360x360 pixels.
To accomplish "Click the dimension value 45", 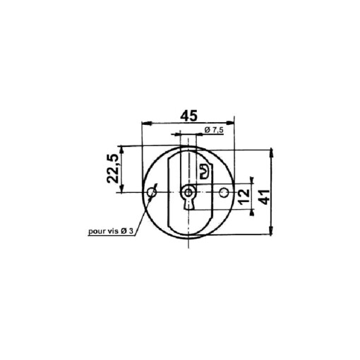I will click(x=188, y=115).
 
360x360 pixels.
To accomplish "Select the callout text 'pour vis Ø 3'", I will click(x=111, y=231).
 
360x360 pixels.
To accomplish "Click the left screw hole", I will click(x=151, y=192).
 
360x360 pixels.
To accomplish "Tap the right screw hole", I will click(x=224, y=193).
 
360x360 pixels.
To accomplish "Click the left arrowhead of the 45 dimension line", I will click(x=145, y=124).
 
